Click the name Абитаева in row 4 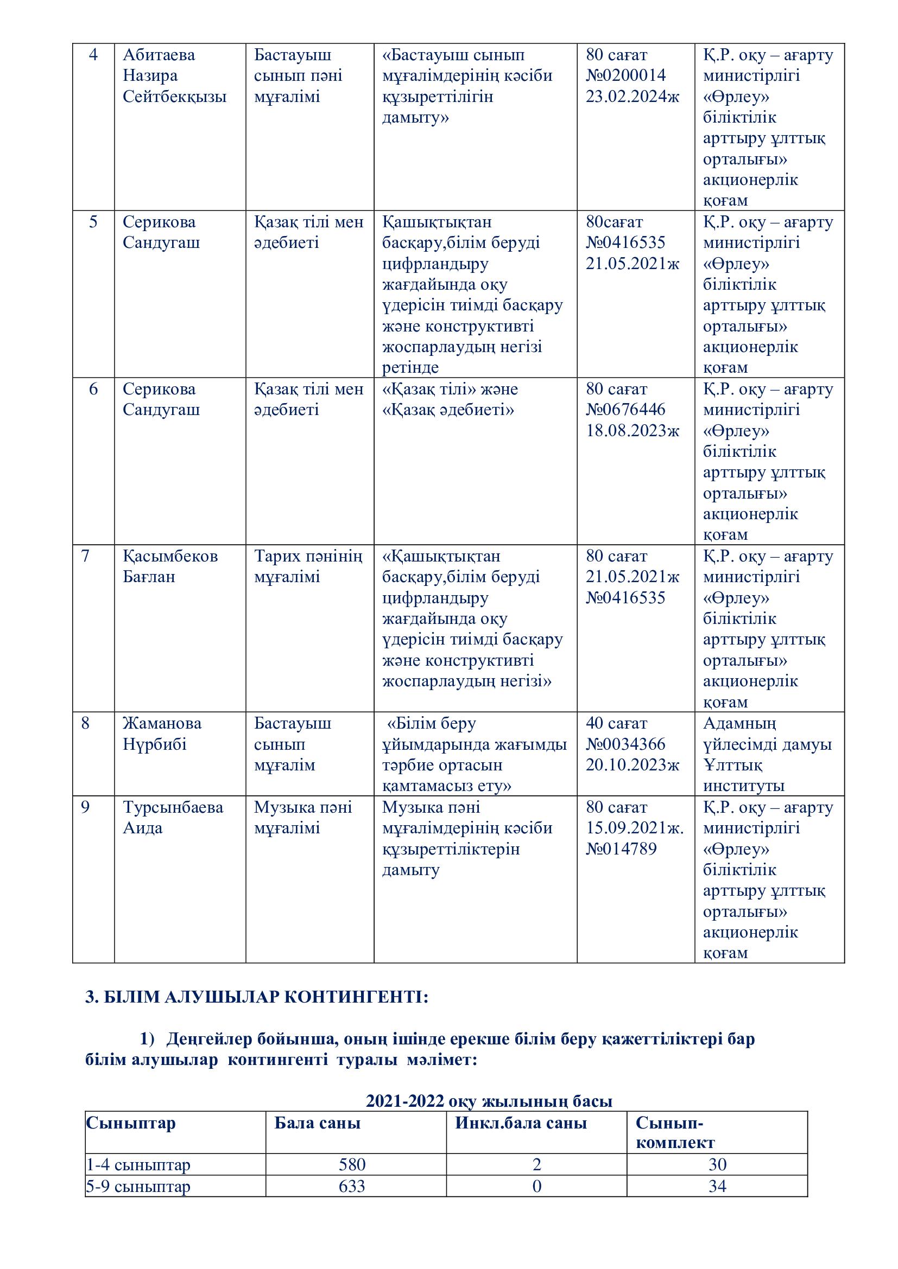159,55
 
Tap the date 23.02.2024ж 632,97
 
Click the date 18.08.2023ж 632,431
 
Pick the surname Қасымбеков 170,556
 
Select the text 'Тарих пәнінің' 308,556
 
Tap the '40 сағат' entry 616,724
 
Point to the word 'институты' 743,786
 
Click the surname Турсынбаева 173,807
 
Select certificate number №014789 621,849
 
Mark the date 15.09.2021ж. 635,828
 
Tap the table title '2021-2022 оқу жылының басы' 489,1101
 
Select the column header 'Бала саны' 318,1123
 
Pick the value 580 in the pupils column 352,1164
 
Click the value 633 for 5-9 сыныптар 352,1186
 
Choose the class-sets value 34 717,1186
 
